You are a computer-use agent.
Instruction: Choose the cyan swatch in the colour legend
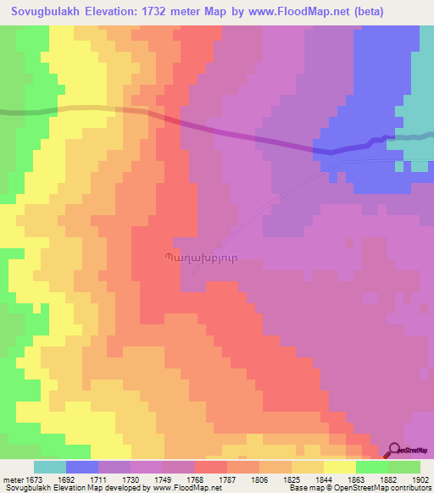coord(50,467)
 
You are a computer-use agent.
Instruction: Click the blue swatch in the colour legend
coord(82,467)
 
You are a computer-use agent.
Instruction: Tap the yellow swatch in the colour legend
coord(339,467)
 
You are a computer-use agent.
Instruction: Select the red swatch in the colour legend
coord(211,467)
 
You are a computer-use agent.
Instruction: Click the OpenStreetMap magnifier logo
coord(393,450)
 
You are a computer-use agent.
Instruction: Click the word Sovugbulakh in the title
coord(43,11)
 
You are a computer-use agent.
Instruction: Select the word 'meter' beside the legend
coord(13,479)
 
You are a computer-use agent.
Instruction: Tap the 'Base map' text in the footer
coord(304,489)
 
